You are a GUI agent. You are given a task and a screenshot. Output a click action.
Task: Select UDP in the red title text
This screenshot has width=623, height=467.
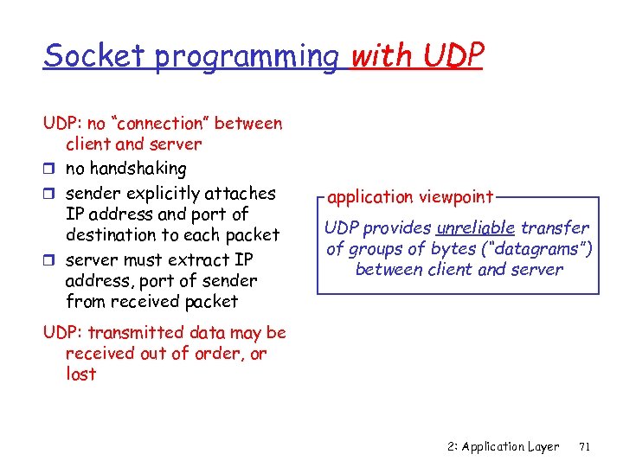tap(453, 55)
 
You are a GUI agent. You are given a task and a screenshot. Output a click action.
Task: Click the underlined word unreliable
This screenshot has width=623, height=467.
tap(476, 228)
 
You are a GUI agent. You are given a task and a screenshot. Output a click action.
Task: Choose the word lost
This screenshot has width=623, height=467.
tap(80, 374)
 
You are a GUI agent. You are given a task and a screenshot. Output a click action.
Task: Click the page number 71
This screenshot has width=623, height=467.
tap(584, 447)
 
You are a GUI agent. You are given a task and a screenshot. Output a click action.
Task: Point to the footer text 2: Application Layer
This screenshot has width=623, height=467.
tap(504, 447)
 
